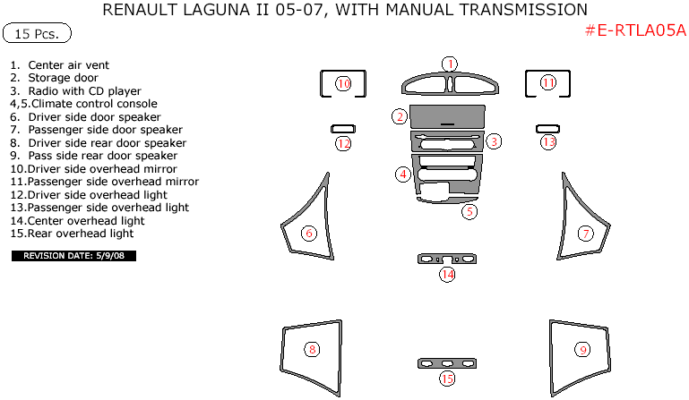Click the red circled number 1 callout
point(450,64)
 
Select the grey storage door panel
point(447,116)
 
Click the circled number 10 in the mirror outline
point(343,83)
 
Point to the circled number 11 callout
point(548,82)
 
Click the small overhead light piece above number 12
point(343,129)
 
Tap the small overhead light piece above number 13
point(547,129)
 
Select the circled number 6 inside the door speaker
point(309,234)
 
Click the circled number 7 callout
point(586,234)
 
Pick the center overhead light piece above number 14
point(447,259)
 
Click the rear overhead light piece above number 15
point(447,363)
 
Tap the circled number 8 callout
point(312,350)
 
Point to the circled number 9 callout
point(582,350)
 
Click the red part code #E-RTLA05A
point(635,30)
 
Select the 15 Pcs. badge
point(37,33)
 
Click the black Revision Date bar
point(73,256)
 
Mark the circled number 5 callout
point(469,212)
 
